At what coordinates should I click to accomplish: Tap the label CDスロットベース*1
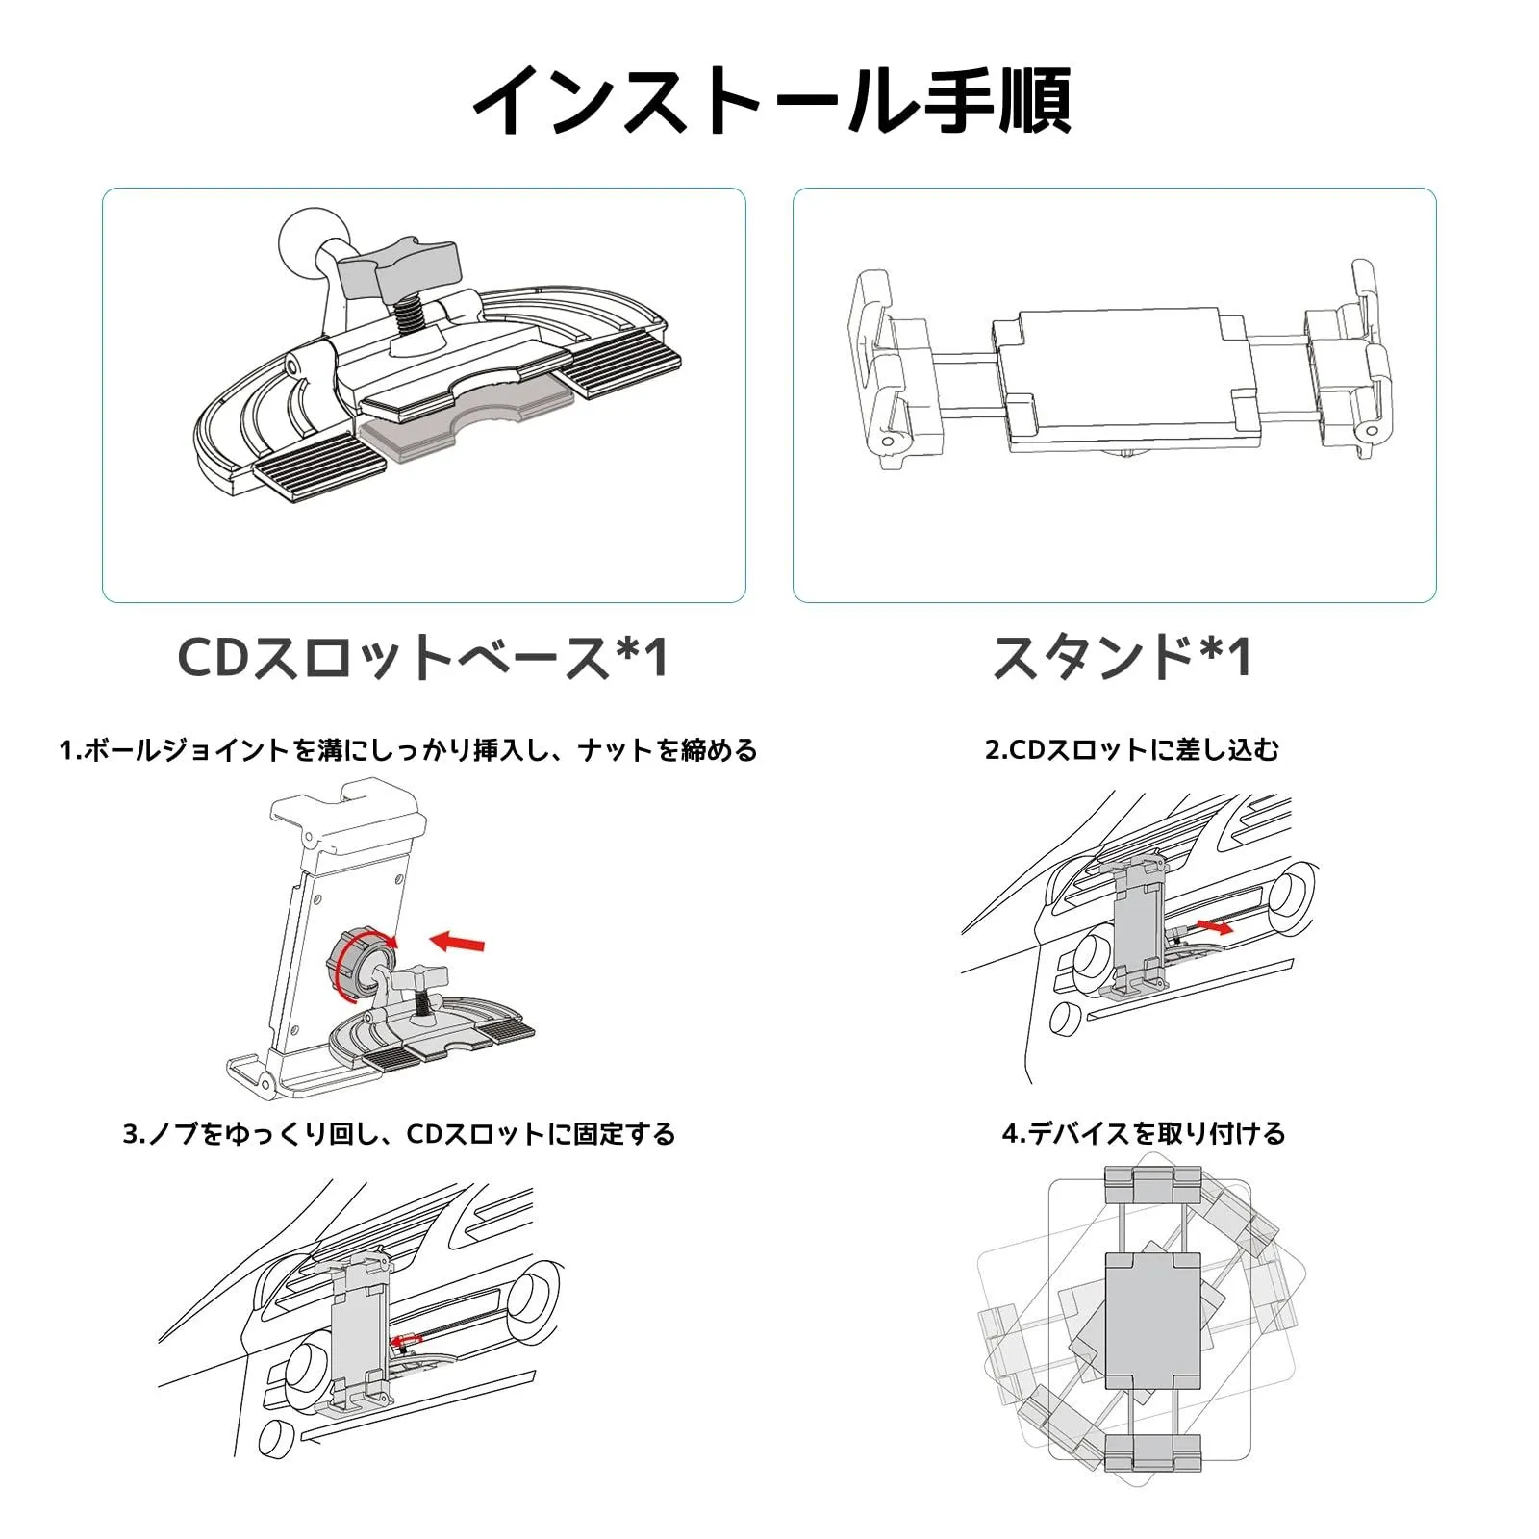pyautogui.click(x=423, y=659)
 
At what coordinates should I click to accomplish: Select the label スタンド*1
pyautogui.click(x=1122, y=659)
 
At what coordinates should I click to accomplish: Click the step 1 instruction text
pyautogui.click(x=408, y=750)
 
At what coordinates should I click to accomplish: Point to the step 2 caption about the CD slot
pyautogui.click(x=1132, y=750)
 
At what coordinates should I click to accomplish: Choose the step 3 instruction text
pyautogui.click(x=398, y=1134)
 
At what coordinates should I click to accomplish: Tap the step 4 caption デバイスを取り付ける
pyautogui.click(x=1144, y=1134)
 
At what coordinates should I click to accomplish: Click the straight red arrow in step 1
pyautogui.click(x=458, y=942)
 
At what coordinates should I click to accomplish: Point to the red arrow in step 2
pyautogui.click(x=1215, y=928)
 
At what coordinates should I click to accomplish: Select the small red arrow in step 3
pyautogui.click(x=406, y=1338)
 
